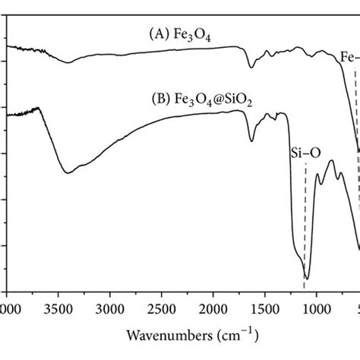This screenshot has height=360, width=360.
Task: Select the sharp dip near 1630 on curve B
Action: (252, 141)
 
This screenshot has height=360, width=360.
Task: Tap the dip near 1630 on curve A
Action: (252, 68)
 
